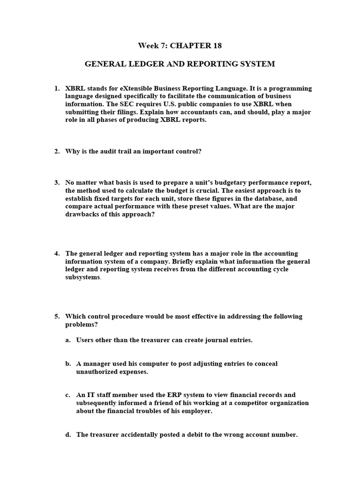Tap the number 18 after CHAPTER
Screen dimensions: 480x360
click(216, 46)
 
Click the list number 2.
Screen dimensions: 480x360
click(57, 151)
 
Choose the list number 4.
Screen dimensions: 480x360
click(57, 254)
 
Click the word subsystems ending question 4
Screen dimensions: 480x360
click(82, 277)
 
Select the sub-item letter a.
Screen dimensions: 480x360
click(68, 340)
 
